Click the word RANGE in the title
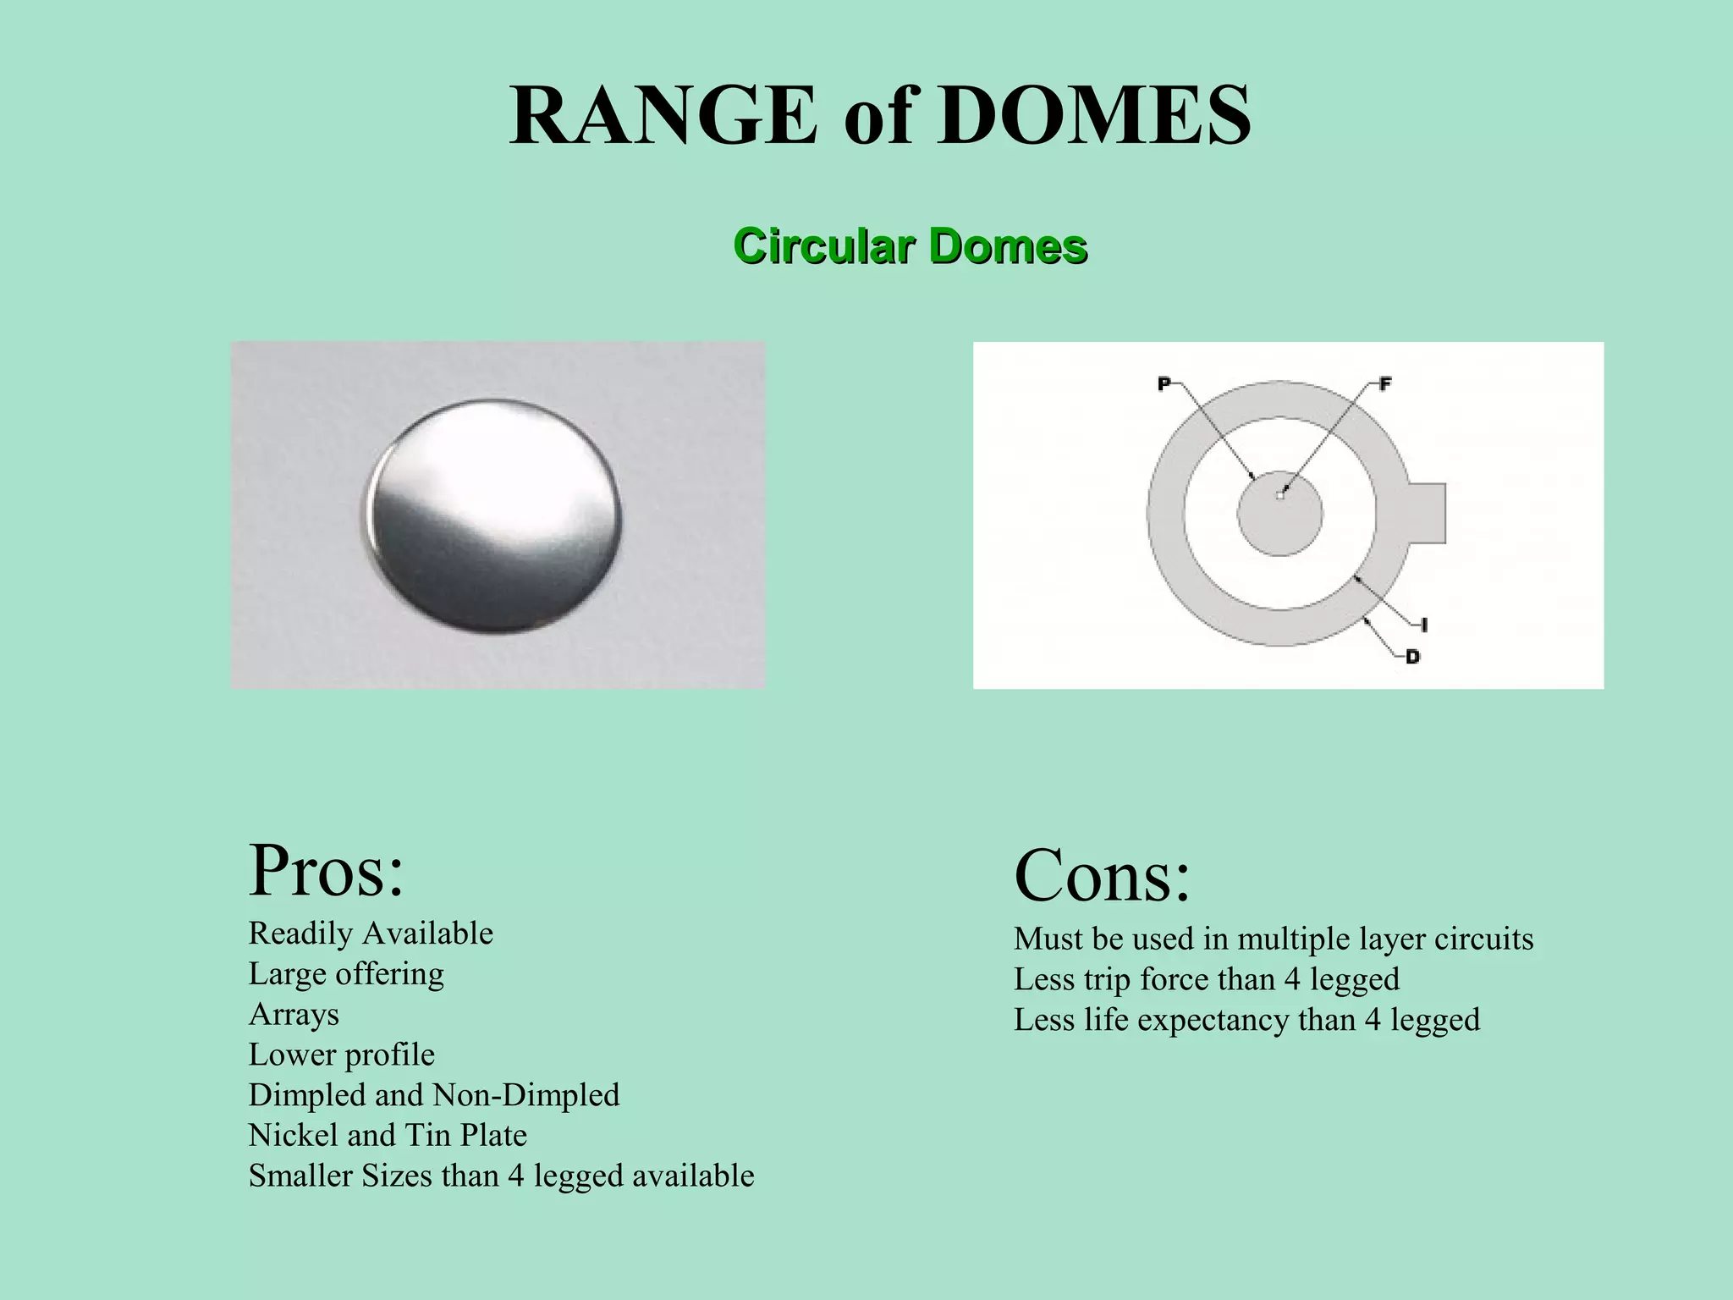[663, 116]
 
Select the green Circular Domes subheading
[910, 246]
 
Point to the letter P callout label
[1164, 384]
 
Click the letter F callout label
[1385, 384]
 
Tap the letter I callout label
[1425, 625]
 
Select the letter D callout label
[1412, 657]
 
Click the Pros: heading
[327, 871]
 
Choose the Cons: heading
[1102, 876]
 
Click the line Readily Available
[371, 934]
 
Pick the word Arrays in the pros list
[294, 1014]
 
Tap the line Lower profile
[341, 1055]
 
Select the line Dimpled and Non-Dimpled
[434, 1095]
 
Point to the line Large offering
[346, 974]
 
